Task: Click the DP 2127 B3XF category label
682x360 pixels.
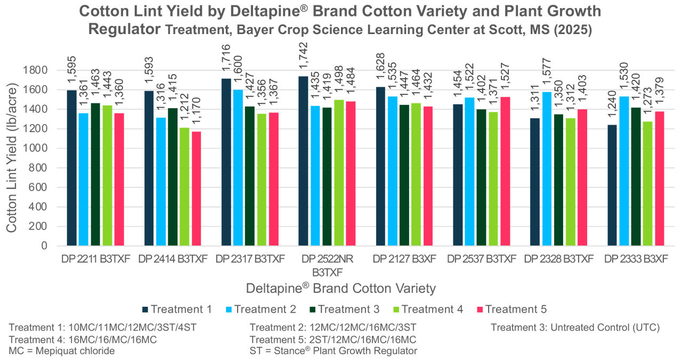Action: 404,259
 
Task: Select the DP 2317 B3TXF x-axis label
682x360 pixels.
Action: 250,259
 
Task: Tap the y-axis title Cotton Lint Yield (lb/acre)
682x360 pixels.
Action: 12,157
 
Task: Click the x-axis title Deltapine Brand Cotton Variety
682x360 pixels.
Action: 340,288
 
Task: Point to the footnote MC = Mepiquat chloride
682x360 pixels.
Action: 62,350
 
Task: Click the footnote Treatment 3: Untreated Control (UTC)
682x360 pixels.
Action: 575,328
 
